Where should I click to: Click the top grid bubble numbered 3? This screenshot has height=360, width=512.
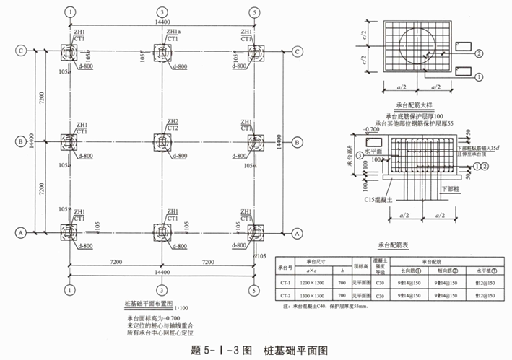(162, 13)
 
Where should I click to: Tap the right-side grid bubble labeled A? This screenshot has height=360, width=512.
(297, 233)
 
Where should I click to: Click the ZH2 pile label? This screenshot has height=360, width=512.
(173, 121)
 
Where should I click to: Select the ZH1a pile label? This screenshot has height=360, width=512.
(174, 32)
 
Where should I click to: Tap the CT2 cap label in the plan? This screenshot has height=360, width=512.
(173, 128)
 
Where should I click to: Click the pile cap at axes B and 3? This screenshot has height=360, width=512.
(162, 142)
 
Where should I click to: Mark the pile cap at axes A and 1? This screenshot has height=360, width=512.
(69, 232)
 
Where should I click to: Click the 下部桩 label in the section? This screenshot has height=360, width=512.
(449, 186)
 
